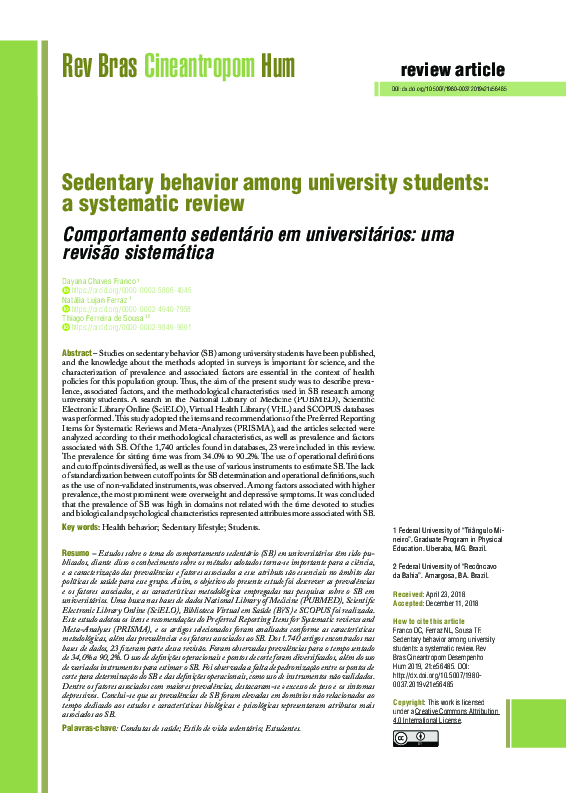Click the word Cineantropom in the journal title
click(x=200, y=68)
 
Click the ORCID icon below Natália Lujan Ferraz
click(x=66, y=308)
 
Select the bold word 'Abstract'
click(x=77, y=354)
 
